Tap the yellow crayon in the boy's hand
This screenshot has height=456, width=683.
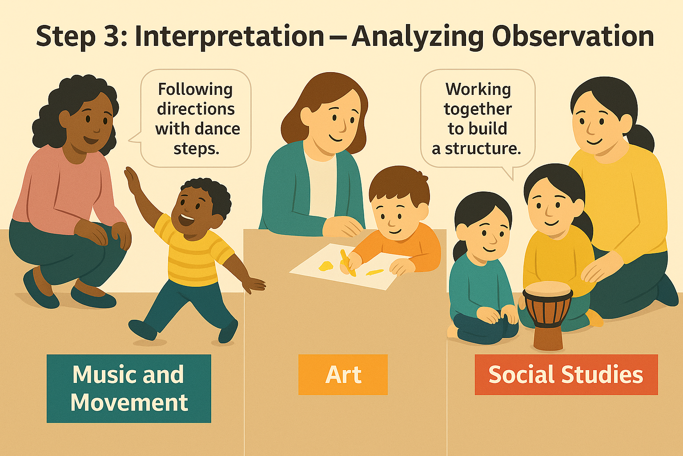[x=348, y=263]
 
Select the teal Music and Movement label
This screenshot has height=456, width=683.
[x=129, y=388]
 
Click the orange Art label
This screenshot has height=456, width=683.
[x=343, y=375]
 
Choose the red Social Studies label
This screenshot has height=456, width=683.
[x=566, y=375]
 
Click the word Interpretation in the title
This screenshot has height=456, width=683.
[x=229, y=37]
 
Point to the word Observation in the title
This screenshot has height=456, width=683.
[x=572, y=36]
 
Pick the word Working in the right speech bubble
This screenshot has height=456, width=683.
[x=478, y=90]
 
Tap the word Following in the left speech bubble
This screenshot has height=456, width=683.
[x=195, y=90]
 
